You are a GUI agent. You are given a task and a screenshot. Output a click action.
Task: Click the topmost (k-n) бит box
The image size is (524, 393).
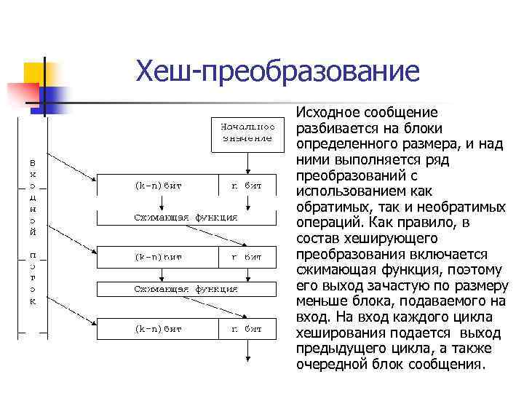click(157, 186)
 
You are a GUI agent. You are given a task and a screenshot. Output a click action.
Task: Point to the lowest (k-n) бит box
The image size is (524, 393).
click(157, 329)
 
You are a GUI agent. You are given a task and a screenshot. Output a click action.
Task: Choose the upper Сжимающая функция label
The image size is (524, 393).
click(186, 216)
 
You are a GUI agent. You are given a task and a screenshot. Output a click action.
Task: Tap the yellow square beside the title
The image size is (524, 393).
click(36, 73)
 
